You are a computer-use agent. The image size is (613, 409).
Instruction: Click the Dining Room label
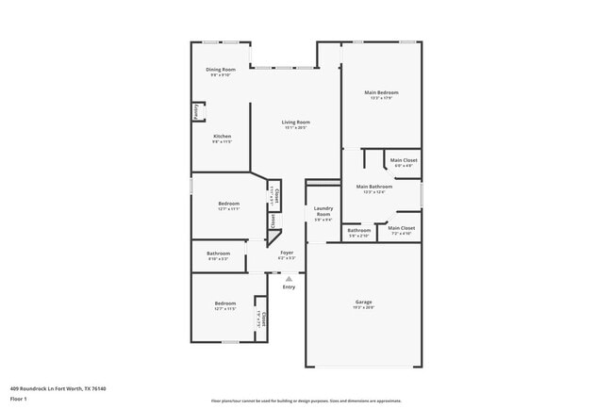click(x=219, y=72)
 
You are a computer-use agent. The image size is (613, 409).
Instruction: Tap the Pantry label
click(x=195, y=112)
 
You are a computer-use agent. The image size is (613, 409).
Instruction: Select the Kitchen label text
click(x=221, y=138)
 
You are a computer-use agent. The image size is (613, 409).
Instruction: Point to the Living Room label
click(x=296, y=123)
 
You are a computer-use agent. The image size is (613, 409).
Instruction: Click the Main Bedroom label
click(x=382, y=93)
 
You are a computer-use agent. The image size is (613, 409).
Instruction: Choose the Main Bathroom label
click(x=373, y=188)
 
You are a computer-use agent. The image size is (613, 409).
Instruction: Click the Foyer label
click(x=288, y=254)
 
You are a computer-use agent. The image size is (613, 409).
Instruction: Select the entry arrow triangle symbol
click(x=289, y=278)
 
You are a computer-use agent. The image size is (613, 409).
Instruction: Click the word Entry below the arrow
click(x=289, y=286)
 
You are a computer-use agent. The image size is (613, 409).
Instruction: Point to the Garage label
click(x=363, y=303)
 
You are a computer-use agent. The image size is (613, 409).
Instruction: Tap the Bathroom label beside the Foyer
click(x=219, y=254)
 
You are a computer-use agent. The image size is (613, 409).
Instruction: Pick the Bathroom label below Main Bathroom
click(x=358, y=231)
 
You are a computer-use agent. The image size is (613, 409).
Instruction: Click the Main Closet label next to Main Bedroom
click(x=403, y=161)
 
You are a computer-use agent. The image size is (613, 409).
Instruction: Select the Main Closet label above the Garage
click(x=402, y=229)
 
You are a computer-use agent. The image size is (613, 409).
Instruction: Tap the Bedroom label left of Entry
click(x=224, y=305)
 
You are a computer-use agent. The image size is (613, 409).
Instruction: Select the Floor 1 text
click(x=19, y=399)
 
